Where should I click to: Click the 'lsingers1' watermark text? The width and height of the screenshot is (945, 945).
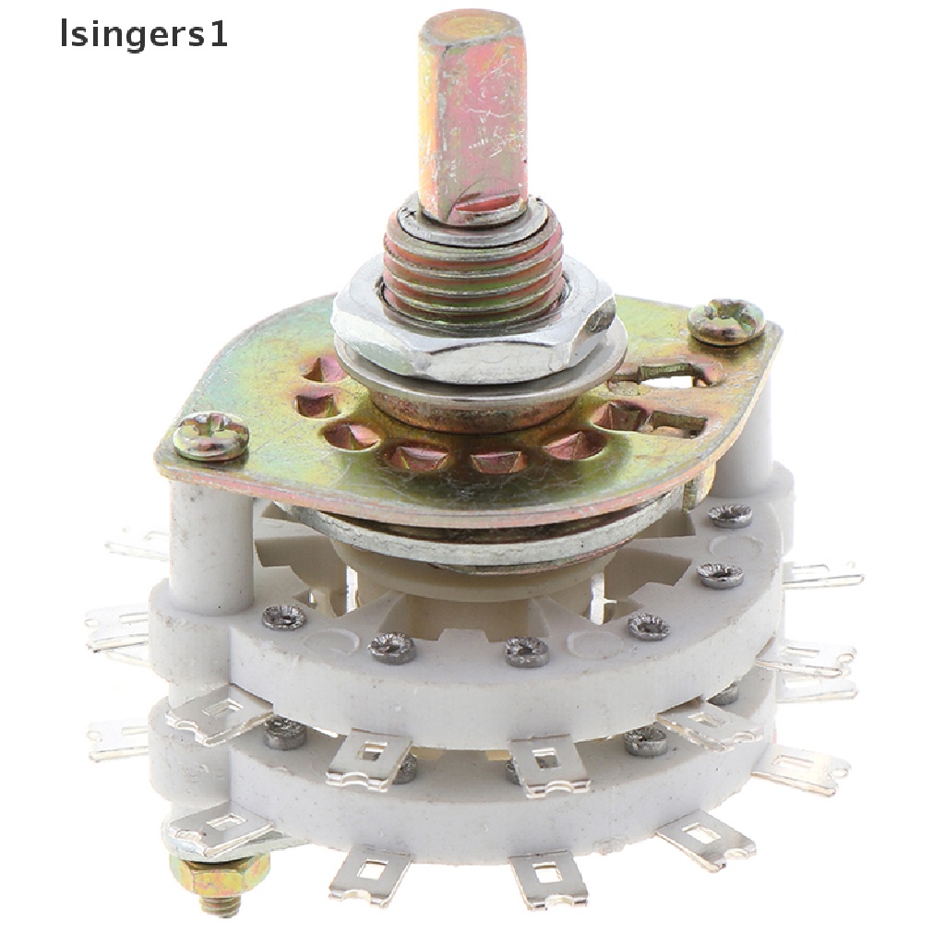click(x=144, y=34)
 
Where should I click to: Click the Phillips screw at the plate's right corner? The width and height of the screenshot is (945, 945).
click(x=726, y=322)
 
